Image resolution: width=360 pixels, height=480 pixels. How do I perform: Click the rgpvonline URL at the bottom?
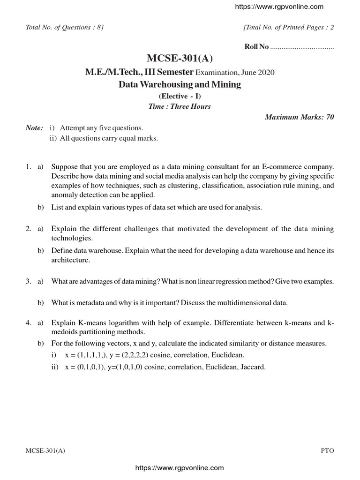click(x=180, y=468)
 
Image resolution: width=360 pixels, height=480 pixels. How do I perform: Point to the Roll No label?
click(x=257, y=46)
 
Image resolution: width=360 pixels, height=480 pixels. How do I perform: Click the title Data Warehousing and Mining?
click(x=180, y=85)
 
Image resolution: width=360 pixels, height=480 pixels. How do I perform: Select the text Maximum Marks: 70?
click(x=300, y=117)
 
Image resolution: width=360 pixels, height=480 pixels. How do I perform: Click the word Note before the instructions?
click(x=34, y=128)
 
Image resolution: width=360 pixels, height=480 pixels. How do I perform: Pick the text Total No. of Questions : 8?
click(x=64, y=27)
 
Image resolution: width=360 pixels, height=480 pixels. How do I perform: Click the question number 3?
click(x=28, y=281)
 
